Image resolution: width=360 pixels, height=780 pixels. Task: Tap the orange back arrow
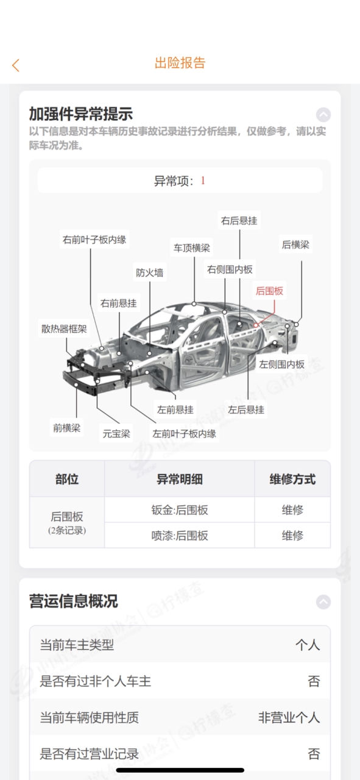tap(16, 65)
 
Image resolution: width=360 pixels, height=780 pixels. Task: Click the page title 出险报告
tap(180, 63)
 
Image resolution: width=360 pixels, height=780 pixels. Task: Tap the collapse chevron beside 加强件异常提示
tap(323, 115)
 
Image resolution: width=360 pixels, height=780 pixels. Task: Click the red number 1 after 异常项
tap(203, 180)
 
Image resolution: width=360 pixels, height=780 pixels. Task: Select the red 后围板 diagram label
tap(269, 291)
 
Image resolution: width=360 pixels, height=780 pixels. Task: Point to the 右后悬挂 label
tap(239, 221)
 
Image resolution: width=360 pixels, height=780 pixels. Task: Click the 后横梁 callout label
tap(295, 244)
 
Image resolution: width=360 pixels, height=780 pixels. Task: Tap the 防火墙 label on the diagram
tap(149, 272)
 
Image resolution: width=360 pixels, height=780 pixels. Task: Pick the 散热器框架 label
tap(64, 328)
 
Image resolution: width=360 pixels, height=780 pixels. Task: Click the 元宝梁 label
tap(116, 433)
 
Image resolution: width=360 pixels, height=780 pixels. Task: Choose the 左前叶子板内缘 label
tap(184, 433)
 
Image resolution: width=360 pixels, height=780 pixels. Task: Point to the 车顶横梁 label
tap(192, 247)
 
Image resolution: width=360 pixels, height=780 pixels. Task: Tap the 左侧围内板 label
tap(281, 364)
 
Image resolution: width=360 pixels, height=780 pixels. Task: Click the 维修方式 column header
tap(292, 479)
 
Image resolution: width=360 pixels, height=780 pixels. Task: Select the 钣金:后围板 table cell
tap(180, 510)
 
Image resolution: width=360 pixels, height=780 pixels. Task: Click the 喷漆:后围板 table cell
tap(180, 535)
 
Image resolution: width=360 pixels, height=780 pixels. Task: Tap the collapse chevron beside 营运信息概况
tap(323, 601)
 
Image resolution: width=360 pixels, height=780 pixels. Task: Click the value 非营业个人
tap(289, 717)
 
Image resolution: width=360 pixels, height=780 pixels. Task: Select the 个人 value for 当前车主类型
tap(308, 645)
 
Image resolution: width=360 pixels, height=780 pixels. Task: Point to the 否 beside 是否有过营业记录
tap(314, 754)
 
